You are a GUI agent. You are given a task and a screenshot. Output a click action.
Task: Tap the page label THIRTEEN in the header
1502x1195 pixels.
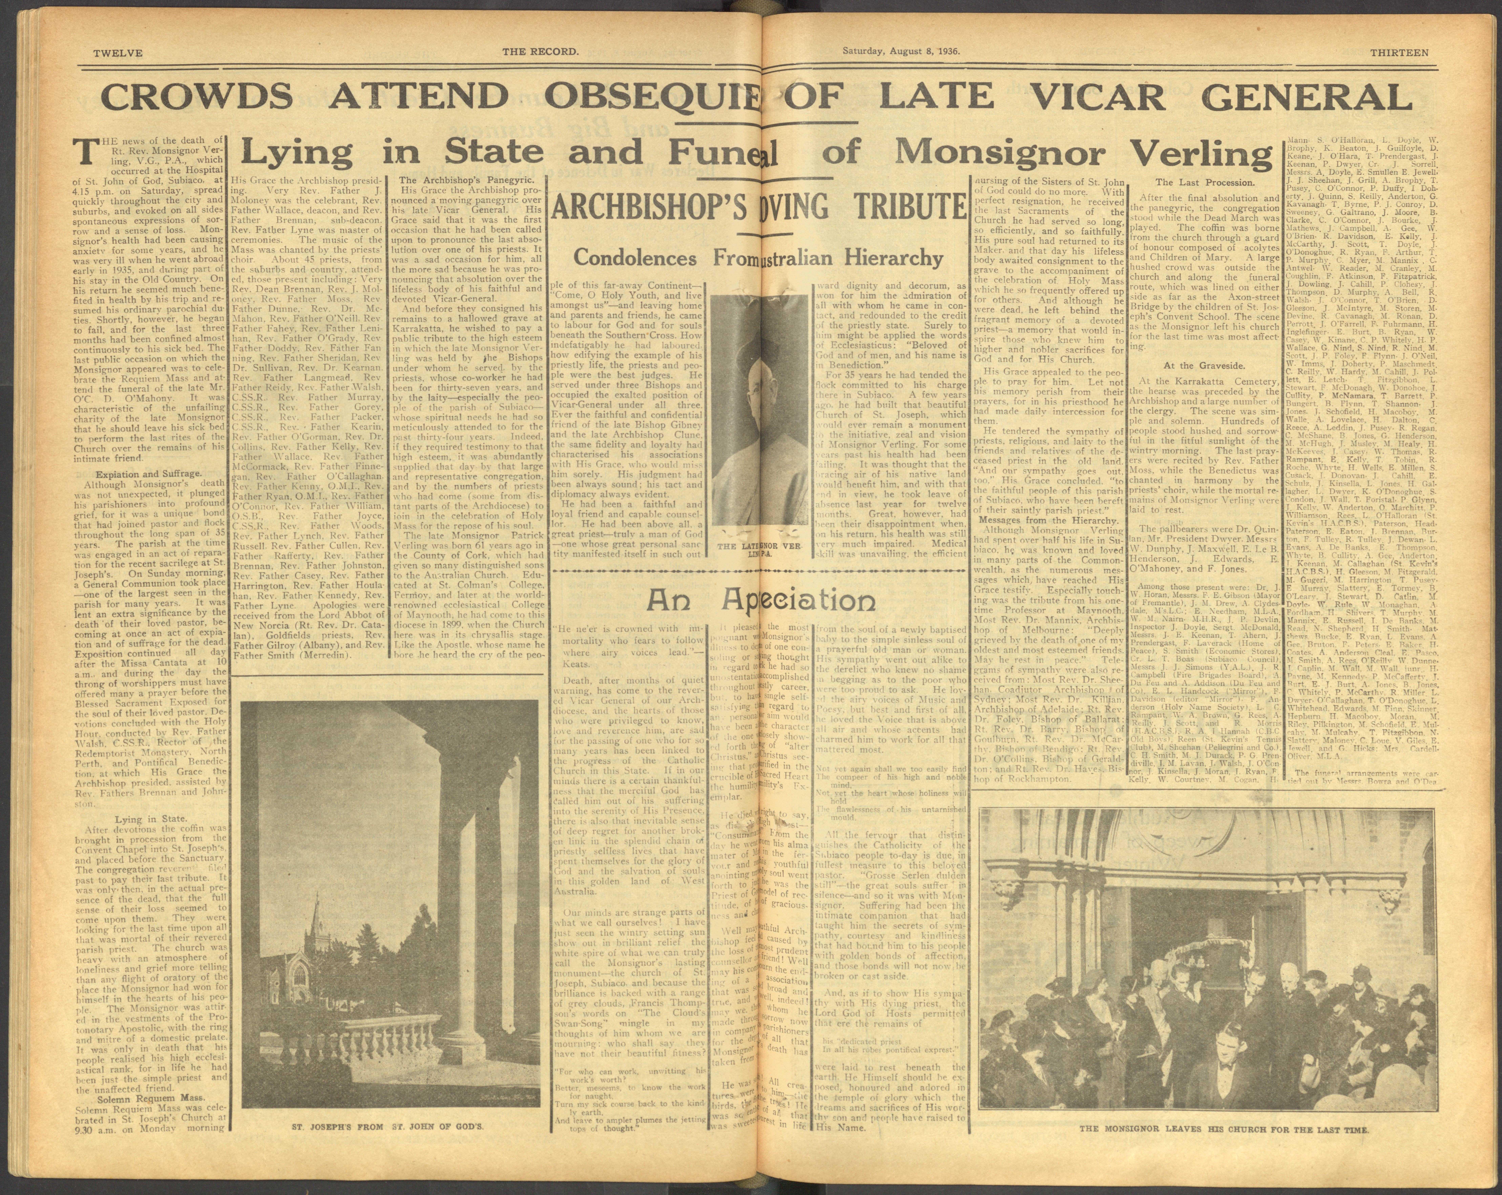click(1399, 52)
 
